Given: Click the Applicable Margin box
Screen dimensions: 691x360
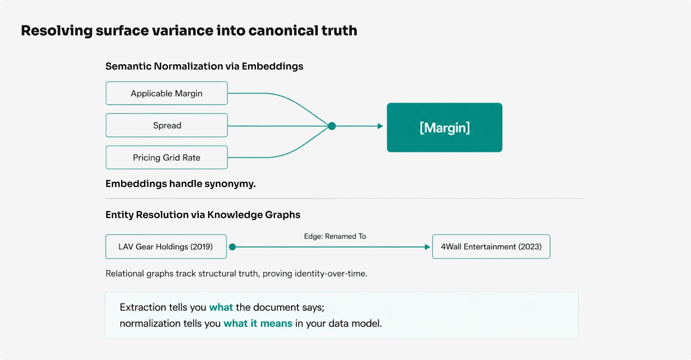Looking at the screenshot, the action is [167, 93].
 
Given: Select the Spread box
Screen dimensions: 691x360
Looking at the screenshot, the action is [167, 125].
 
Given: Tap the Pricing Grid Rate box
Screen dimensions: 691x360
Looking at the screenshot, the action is [167, 157].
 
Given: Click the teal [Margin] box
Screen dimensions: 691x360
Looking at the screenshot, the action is [444, 127].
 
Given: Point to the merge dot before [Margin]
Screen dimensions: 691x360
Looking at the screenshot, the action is [332, 126].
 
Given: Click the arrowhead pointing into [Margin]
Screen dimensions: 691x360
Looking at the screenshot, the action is [380, 126].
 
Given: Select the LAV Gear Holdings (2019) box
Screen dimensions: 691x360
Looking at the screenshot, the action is [166, 246].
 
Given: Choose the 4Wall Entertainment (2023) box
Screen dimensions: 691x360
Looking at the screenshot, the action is [491, 246].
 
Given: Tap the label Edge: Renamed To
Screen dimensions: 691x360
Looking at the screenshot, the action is [335, 236].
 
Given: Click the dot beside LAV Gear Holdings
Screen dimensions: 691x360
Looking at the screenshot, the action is [233, 247].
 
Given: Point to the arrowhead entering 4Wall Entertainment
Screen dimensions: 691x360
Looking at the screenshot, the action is [428, 247].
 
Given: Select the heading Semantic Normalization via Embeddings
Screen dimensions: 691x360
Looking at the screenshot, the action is [204, 66].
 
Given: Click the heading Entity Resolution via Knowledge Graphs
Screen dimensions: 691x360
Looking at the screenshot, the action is [203, 215].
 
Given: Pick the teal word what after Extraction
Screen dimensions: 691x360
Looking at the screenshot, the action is [221, 307].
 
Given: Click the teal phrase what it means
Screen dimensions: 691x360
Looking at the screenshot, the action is [257, 323].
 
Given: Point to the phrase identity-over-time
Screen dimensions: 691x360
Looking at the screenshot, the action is [331, 273].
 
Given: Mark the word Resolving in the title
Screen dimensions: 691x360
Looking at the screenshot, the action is [57, 31].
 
